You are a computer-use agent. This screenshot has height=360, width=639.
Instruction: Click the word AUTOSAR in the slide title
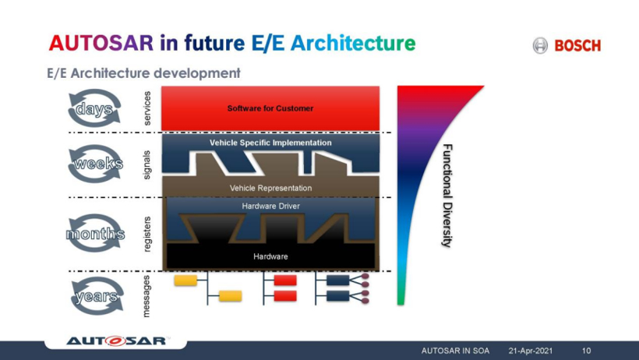coord(101,43)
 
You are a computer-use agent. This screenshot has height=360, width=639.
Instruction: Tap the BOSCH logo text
coord(577,46)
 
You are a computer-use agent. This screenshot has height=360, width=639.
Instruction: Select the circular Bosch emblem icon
coord(540,45)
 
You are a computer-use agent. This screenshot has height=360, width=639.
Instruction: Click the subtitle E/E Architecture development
coord(143,73)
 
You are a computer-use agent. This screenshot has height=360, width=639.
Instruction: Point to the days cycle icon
coord(94,108)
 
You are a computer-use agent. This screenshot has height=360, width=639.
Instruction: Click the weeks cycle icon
coord(96,164)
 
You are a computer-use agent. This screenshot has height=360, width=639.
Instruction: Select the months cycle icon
coord(95,234)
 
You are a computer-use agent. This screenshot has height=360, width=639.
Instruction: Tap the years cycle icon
coord(97,296)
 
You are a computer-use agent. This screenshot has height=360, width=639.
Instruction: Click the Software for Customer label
coord(270,108)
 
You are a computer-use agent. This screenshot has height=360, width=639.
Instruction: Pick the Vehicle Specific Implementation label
coord(270,143)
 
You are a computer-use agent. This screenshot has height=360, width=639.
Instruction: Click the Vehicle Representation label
coord(270,188)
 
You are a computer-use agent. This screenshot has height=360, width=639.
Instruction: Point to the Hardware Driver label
coord(270,206)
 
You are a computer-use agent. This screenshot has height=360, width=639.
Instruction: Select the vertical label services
coord(147,108)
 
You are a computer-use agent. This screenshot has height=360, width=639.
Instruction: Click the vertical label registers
coord(147,234)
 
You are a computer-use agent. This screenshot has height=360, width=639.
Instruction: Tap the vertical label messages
coord(147,296)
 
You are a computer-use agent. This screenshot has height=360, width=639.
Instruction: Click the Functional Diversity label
coord(447,196)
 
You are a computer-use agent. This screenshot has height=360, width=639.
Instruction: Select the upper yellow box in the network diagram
coord(185,281)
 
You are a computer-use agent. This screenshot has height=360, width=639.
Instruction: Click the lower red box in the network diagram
coord(285,296)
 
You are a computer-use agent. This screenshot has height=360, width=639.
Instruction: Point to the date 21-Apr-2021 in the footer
coord(531,351)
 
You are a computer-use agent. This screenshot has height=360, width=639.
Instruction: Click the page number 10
coord(586,351)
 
